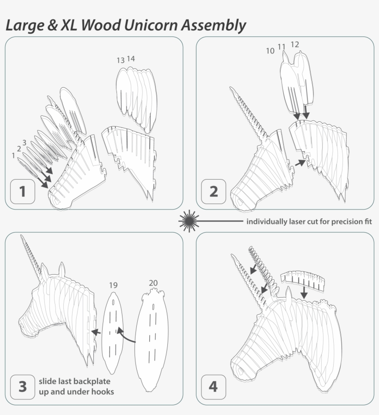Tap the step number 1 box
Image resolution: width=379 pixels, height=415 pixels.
(x=23, y=191)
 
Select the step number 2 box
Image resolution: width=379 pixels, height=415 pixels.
(x=214, y=191)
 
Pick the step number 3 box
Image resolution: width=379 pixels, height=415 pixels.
(x=23, y=386)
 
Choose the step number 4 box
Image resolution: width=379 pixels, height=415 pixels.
(x=213, y=386)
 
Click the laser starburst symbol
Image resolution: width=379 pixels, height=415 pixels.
(x=188, y=221)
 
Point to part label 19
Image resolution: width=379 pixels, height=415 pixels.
(x=113, y=285)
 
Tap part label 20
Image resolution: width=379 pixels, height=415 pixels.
(x=153, y=282)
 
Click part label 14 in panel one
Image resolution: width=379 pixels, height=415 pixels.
(x=131, y=59)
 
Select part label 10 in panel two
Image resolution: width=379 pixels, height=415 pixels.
(x=270, y=51)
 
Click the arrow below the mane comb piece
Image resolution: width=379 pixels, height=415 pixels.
(x=304, y=291)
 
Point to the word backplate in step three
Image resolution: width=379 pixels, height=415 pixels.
(x=92, y=382)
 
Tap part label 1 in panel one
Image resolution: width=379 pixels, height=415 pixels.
(x=13, y=156)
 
